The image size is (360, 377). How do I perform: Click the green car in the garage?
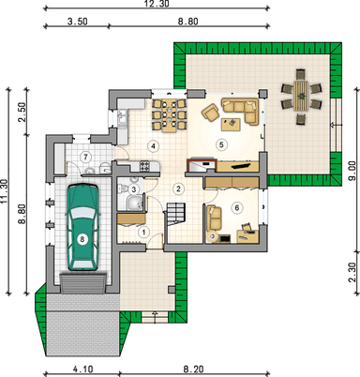tap(82, 227)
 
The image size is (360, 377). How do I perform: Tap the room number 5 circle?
tap(221, 144)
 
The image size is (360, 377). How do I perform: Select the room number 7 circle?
tap(85, 157)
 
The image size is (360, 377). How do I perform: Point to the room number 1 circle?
tap(144, 233)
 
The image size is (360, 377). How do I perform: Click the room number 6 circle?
tap(236, 207)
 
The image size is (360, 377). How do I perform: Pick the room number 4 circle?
tap(153, 145)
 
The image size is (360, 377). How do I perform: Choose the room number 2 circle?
tap(178, 188)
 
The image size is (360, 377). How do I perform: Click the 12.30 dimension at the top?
tap(157, 4)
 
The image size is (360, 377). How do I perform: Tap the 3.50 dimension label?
tap(77, 22)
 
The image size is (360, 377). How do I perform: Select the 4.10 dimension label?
tap(83, 369)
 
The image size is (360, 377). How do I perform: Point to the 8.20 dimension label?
tap(193, 369)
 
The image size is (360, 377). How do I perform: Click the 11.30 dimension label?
tap(4, 191)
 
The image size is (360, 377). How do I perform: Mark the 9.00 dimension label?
tap(352, 172)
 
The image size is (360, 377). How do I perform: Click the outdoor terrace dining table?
tap(301, 97)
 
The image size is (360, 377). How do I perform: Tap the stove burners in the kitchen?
tap(144, 165)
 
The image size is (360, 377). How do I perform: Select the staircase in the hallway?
tap(176, 214)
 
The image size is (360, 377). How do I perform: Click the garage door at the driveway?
tap(83, 284)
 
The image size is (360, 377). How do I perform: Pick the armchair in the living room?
tap(210, 113)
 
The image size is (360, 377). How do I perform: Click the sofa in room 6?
tap(214, 218)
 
